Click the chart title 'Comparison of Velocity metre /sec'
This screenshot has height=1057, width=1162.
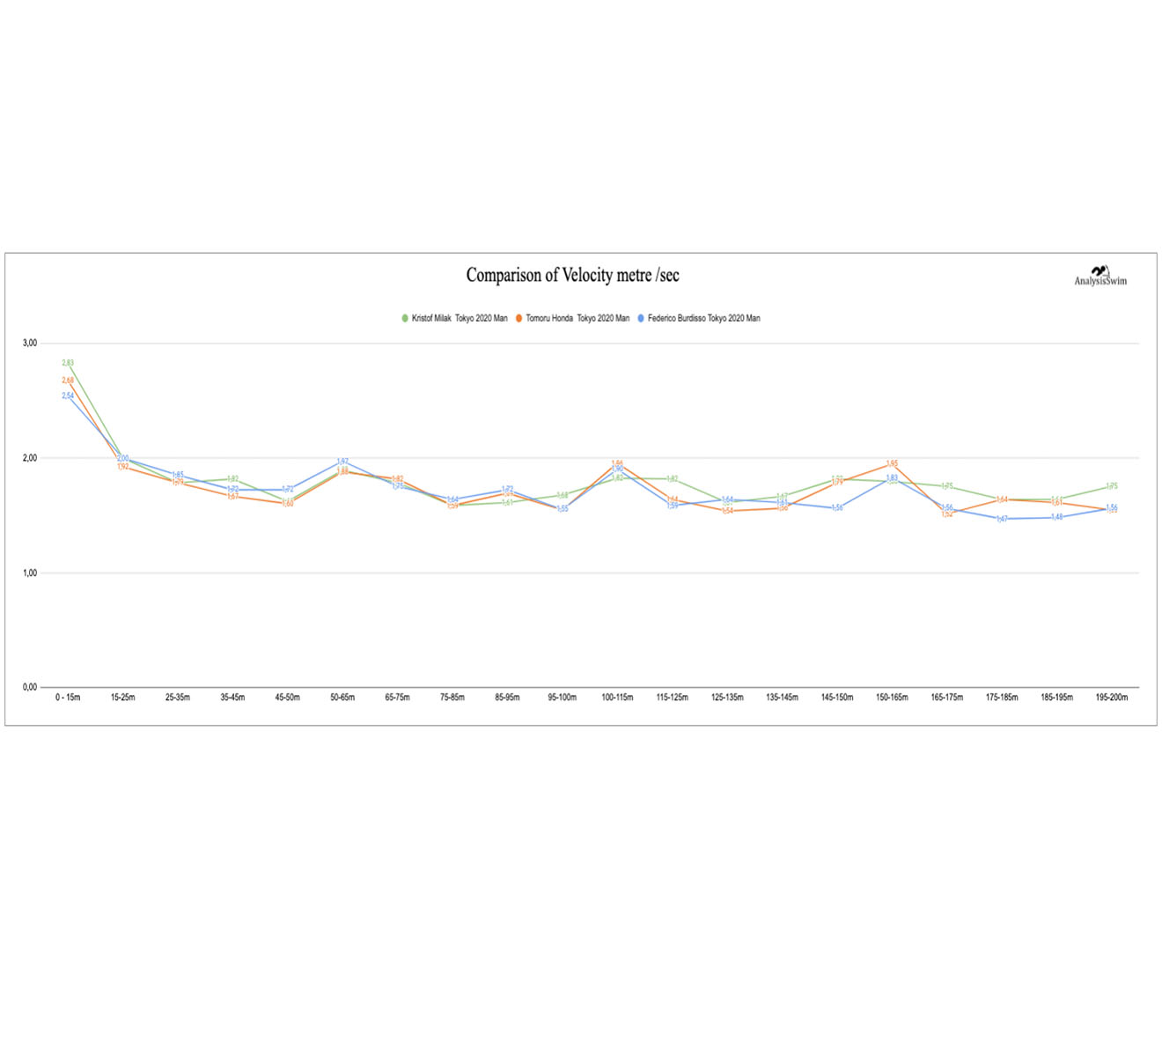pos(572,276)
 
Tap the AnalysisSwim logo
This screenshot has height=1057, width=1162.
pos(1099,277)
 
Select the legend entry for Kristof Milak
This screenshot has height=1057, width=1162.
pos(454,318)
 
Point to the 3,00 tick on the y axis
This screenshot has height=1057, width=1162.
pos(30,344)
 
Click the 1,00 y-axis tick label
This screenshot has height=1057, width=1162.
pos(30,573)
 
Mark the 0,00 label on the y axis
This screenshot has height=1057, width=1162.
pos(30,687)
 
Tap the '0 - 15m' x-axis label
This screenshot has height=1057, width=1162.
pos(68,698)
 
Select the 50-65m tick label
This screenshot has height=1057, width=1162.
pos(342,698)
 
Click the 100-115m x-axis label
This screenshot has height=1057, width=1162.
pos(617,698)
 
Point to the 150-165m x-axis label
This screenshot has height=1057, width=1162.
pos(892,698)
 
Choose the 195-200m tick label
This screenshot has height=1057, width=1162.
pos(1112,698)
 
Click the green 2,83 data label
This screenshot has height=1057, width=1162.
pos(68,363)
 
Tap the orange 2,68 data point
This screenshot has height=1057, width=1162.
pos(68,381)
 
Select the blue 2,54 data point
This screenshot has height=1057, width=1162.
pos(68,396)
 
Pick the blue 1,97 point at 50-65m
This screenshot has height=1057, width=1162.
pos(342,462)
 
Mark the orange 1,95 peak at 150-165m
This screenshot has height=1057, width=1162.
pos(892,464)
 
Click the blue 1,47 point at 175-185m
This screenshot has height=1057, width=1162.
pos(1002,519)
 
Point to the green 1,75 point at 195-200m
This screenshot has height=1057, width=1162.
pos(1112,486)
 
